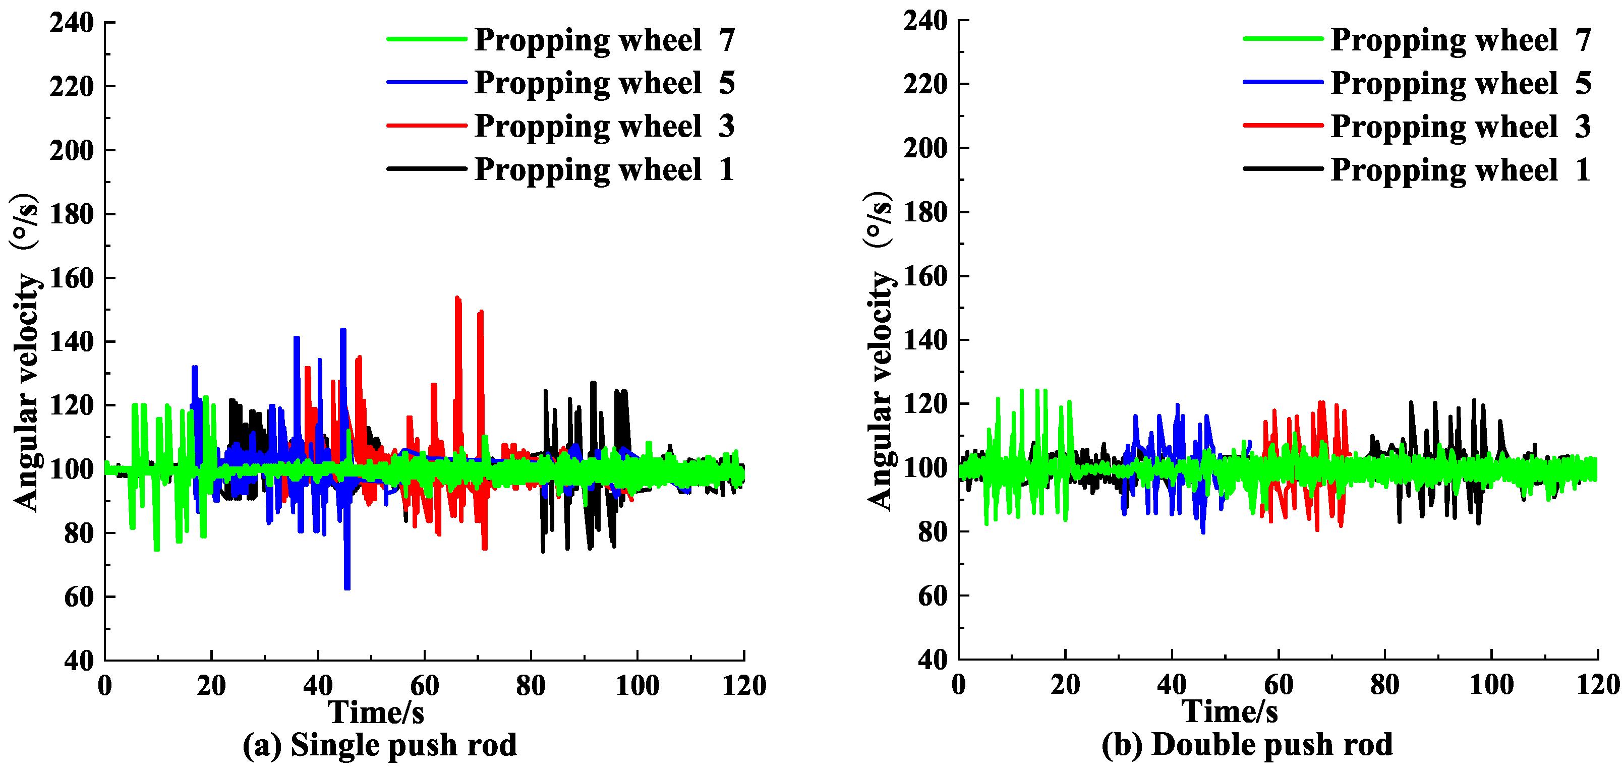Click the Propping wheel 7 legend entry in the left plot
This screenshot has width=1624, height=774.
tap(604, 40)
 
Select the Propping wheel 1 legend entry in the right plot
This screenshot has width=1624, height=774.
tap(1460, 169)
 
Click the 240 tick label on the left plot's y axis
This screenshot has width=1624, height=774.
tap(72, 23)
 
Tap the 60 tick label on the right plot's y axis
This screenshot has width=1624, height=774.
tap(933, 596)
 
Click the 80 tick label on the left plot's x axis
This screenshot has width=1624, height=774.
tap(530, 685)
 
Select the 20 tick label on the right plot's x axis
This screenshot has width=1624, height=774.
tap(1065, 685)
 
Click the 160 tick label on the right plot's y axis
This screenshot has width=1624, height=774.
tap(925, 276)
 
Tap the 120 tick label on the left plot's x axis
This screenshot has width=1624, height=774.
tap(743, 685)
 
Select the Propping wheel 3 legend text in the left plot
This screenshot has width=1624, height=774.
tap(604, 126)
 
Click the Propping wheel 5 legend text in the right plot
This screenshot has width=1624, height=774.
tap(1460, 83)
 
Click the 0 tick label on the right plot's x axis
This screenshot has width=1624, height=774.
tap(958, 685)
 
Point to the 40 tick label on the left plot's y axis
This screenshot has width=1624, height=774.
tap(79, 661)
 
